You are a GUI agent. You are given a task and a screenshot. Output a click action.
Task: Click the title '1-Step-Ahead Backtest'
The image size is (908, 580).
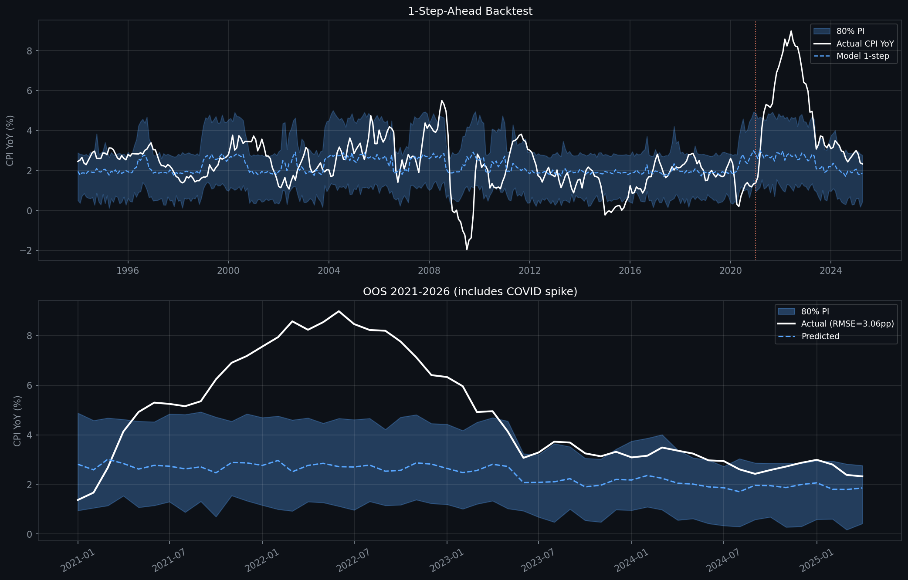click(470, 11)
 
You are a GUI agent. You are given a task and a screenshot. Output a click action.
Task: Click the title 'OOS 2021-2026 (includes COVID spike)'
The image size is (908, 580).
click(470, 292)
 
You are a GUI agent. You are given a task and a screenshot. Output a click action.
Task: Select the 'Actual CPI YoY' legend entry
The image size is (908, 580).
click(865, 44)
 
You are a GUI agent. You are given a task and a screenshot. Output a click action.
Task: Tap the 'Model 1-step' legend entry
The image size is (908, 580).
click(862, 56)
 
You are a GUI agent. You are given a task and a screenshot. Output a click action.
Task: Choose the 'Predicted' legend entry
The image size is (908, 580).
click(820, 337)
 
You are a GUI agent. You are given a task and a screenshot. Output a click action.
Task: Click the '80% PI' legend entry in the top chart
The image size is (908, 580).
click(850, 31)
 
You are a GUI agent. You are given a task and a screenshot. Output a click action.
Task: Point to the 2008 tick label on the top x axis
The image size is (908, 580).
click(429, 271)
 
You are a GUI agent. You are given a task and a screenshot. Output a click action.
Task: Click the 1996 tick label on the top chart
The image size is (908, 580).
click(128, 271)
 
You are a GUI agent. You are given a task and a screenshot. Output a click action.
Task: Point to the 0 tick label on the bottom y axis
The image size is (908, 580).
click(29, 534)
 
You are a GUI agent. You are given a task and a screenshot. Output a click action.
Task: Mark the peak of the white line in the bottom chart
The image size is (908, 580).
click(339, 311)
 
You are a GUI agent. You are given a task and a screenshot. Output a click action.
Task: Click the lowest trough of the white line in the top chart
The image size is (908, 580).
click(467, 249)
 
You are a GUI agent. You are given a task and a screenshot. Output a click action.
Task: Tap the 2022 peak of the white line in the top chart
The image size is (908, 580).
click(791, 31)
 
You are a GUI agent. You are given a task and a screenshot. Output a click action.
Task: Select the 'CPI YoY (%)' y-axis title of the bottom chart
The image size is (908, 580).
click(17, 421)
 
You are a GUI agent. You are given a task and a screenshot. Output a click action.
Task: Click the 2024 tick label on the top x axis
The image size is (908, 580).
click(830, 271)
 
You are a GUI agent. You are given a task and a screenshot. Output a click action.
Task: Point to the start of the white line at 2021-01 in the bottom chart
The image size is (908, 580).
click(78, 500)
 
